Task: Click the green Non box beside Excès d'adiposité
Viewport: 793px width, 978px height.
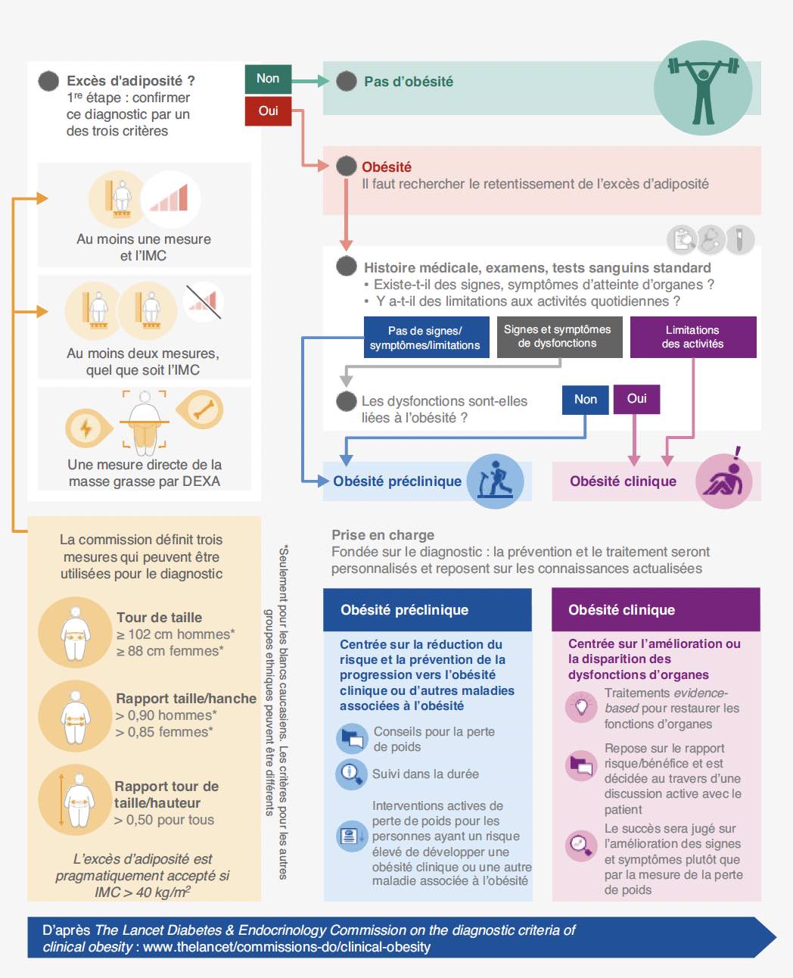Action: [x=268, y=79]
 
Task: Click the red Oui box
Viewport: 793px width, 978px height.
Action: [x=268, y=111]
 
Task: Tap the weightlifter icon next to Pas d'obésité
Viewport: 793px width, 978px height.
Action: [x=703, y=88]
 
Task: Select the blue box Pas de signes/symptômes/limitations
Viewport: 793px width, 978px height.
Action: [x=426, y=338]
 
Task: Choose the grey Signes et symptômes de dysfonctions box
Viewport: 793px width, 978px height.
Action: [x=559, y=337]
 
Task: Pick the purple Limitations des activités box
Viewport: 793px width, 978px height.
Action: [x=693, y=337]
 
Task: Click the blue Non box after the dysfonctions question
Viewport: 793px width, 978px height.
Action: [x=585, y=400]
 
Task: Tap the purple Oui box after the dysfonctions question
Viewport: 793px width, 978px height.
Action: [x=637, y=399]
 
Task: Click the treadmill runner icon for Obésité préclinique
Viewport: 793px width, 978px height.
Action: [x=495, y=481]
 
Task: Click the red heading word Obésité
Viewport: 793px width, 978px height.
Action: [x=387, y=167]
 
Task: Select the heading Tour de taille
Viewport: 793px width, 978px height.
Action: [x=159, y=617]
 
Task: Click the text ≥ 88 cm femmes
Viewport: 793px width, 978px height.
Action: [x=169, y=651]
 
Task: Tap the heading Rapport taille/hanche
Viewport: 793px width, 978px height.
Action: [x=186, y=698]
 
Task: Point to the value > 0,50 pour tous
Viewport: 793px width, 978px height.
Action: [x=164, y=819]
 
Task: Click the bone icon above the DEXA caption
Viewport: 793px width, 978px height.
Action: [x=201, y=409]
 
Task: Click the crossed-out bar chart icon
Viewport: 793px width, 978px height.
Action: [x=204, y=302]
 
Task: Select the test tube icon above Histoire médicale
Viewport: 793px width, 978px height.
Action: [x=739, y=239]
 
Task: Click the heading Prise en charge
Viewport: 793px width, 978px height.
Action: [x=383, y=535]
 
